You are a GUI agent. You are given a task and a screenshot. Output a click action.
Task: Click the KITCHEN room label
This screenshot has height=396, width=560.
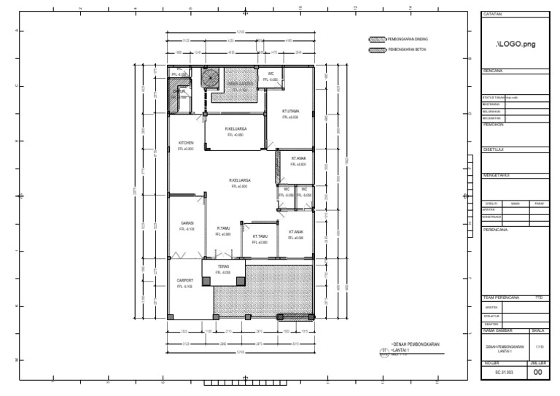coord(186,143)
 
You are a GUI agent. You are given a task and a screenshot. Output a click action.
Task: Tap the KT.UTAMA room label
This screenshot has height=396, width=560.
coord(290,112)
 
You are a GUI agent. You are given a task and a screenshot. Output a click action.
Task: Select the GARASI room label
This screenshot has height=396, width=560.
coord(187,223)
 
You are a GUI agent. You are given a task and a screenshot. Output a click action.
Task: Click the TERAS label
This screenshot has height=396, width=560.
coord(223,267)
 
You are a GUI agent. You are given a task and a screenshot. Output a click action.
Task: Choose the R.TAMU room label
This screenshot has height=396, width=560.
coord(223,228)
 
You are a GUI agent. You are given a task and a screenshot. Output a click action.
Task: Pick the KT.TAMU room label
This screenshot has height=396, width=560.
coord(260,236)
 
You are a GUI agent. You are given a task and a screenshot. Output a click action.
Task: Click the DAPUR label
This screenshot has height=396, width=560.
coord(179,92)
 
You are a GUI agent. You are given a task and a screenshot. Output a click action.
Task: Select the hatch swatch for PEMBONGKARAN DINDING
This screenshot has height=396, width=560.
coord(376,39)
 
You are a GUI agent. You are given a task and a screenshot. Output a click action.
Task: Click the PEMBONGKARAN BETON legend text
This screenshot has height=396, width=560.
coord(407,50)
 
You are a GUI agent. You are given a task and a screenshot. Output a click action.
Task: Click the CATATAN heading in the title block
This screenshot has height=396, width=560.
coord(493,15)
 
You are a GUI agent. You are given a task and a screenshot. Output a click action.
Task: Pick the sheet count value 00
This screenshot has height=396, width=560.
coord(538,373)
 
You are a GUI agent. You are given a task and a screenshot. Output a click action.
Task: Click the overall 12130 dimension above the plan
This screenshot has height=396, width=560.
coord(240,33)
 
